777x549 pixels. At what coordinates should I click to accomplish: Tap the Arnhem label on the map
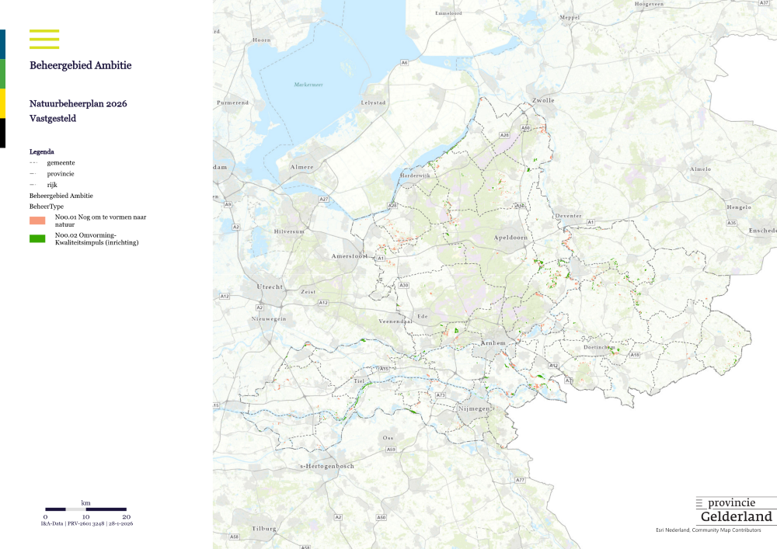(x=493, y=342)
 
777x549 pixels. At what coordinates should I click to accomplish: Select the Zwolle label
(x=543, y=101)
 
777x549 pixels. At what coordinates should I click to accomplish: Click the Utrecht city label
(x=271, y=287)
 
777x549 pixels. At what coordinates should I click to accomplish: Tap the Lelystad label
(x=373, y=103)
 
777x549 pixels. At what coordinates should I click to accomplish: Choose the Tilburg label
(x=264, y=529)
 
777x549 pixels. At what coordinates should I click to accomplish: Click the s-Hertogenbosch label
(x=327, y=466)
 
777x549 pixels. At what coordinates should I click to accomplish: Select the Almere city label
(x=301, y=167)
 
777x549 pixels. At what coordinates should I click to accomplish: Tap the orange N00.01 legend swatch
(x=38, y=221)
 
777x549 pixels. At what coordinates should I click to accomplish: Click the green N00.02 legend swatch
(x=38, y=238)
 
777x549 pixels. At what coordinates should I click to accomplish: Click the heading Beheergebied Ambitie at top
(x=80, y=66)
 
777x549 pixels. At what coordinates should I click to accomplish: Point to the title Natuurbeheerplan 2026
(x=78, y=103)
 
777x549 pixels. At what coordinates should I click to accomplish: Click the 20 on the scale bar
(x=126, y=516)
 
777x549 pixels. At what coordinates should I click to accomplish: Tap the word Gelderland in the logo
(x=736, y=517)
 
